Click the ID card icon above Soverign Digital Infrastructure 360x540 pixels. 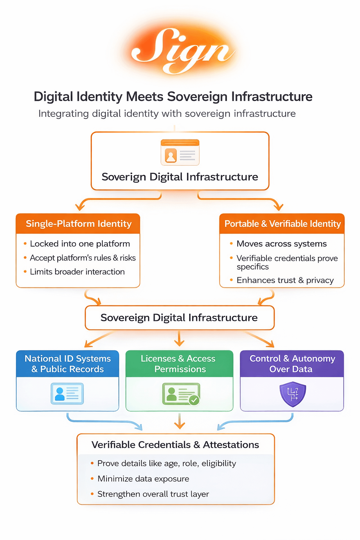pyautogui.click(x=180, y=152)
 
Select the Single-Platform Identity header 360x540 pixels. pyautogui.click(x=78, y=224)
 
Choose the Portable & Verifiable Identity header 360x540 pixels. pyautogui.click(x=282, y=224)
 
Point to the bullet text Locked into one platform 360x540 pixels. pyautogui.click(x=80, y=244)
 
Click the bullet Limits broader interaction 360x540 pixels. pyautogui.click(x=77, y=272)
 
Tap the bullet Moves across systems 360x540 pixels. pyautogui.click(x=281, y=244)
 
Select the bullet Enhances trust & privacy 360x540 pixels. pyautogui.click(x=285, y=280)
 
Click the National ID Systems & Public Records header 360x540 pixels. pyautogui.click(x=67, y=364)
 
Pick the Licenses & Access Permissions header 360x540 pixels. pyautogui.click(x=180, y=364)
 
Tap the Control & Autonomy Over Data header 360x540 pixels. pyautogui.click(x=292, y=364)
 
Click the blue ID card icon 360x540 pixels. pyautogui.click(x=67, y=393)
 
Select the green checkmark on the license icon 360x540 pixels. pyautogui.click(x=194, y=400)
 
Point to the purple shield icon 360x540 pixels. pyautogui.click(x=292, y=394)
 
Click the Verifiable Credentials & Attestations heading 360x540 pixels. pyautogui.click(x=175, y=445)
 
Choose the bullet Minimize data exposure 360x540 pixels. pyautogui.click(x=143, y=479)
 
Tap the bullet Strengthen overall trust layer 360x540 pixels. pyautogui.click(x=153, y=494)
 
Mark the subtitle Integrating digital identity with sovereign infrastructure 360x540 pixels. pyautogui.click(x=167, y=114)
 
